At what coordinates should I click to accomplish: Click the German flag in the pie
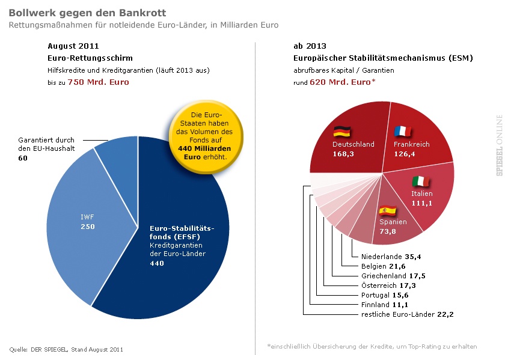(342, 132)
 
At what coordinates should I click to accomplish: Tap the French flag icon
(402, 131)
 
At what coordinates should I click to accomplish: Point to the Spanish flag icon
(387, 210)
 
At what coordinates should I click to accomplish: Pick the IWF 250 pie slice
(88, 221)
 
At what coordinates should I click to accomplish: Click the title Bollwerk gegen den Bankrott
(88, 13)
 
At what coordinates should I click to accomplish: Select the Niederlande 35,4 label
(391, 257)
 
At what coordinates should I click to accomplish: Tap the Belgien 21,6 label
(383, 266)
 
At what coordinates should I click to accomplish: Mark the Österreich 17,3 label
(387, 285)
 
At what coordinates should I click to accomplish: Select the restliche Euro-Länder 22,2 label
(403, 314)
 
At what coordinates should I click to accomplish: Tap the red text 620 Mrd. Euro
(340, 82)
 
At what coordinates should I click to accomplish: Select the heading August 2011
(73, 46)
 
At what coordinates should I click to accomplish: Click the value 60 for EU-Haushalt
(23, 157)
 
